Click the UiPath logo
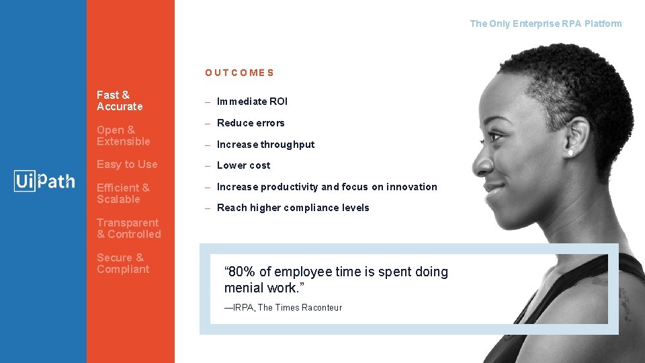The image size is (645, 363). point(44,181)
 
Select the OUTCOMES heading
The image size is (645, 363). point(239,73)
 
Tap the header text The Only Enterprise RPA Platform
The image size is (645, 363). point(546,24)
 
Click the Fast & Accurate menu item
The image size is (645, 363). point(120,101)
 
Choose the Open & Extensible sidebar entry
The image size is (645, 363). point(123,136)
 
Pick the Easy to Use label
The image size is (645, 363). point(127,164)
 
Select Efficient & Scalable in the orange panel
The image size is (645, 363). point(123,194)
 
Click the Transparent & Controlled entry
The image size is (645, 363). point(128,229)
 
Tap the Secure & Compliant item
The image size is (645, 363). point(123,264)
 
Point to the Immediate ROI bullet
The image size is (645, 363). point(252,102)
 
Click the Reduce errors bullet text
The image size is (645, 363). point(251,123)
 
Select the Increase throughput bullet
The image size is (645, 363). point(265,145)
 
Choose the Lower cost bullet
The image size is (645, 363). point(243,165)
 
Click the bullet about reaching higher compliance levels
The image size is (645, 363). point(293,208)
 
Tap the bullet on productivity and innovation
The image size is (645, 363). point(327,187)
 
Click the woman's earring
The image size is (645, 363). point(572,153)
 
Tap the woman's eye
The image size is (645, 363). point(497,136)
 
